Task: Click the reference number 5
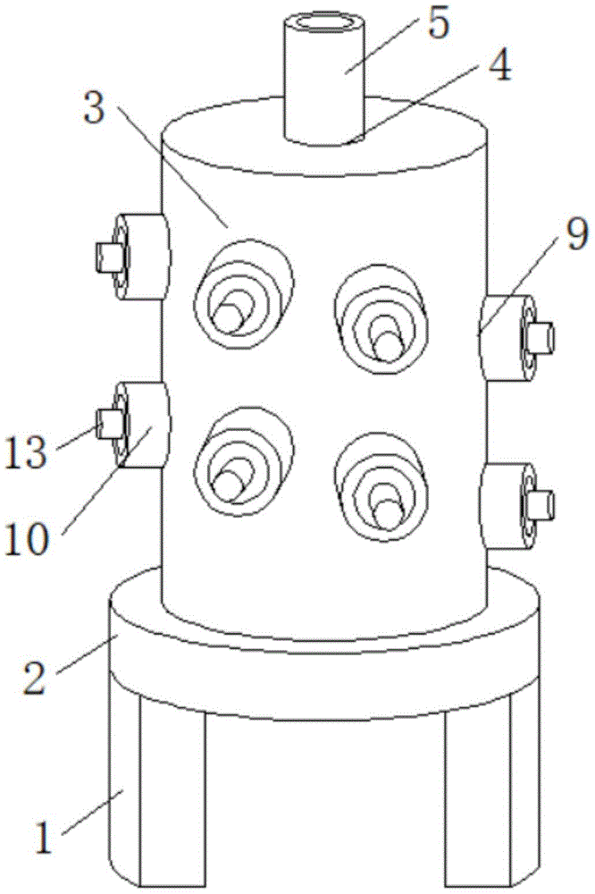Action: [439, 24]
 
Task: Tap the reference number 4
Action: [499, 66]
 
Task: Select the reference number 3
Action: [95, 108]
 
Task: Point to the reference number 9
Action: [576, 234]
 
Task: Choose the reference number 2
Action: [34, 678]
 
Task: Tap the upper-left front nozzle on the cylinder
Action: [244, 294]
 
